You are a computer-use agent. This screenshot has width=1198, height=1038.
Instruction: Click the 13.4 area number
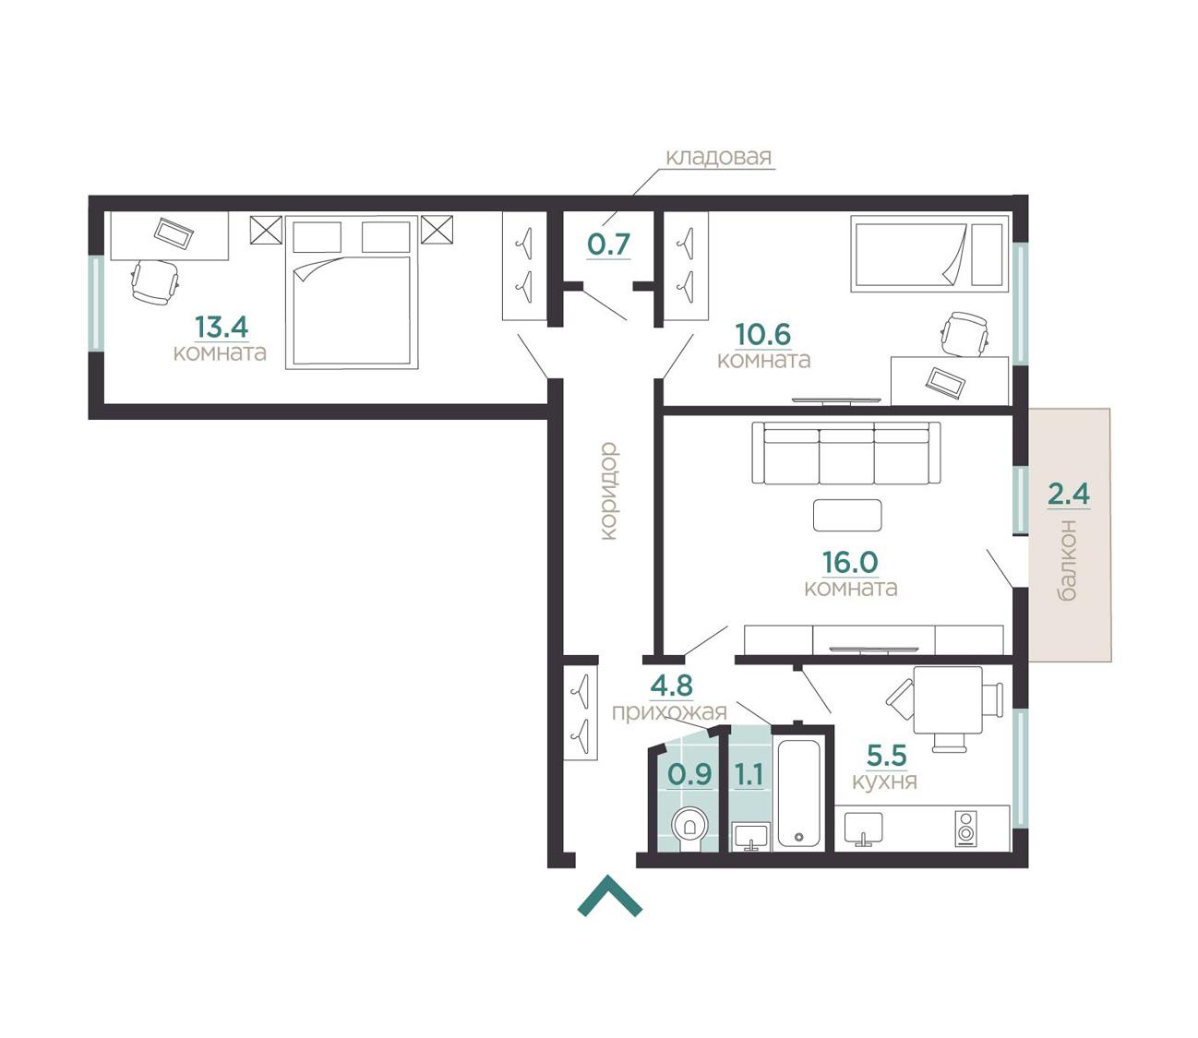222,327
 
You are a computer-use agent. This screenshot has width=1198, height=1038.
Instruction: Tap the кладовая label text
719,157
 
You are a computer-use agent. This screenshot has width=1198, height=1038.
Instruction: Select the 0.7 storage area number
608,244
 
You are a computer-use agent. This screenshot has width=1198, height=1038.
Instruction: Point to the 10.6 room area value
762,334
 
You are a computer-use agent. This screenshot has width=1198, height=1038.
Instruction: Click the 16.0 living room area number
850,562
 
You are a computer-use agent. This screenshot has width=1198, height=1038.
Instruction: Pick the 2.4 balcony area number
1068,494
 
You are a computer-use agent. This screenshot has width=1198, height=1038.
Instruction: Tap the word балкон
1067,560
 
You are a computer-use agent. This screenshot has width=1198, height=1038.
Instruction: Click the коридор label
608,492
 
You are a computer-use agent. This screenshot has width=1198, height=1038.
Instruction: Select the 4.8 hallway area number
671,686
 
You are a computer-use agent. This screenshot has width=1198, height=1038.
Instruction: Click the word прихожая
669,712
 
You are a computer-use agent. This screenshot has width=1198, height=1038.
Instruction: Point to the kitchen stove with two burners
965,827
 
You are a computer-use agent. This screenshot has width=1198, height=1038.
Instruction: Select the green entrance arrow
610,895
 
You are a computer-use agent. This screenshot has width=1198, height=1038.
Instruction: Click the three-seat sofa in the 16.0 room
845,453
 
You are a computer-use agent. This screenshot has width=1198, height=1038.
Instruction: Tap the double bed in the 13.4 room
352,292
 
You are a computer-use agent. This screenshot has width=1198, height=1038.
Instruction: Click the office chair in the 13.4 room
155,281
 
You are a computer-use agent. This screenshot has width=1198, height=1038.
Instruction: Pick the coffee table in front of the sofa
847,515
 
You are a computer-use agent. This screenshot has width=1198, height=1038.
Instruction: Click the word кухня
884,781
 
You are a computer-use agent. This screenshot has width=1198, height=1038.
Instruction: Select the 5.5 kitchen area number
887,755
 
